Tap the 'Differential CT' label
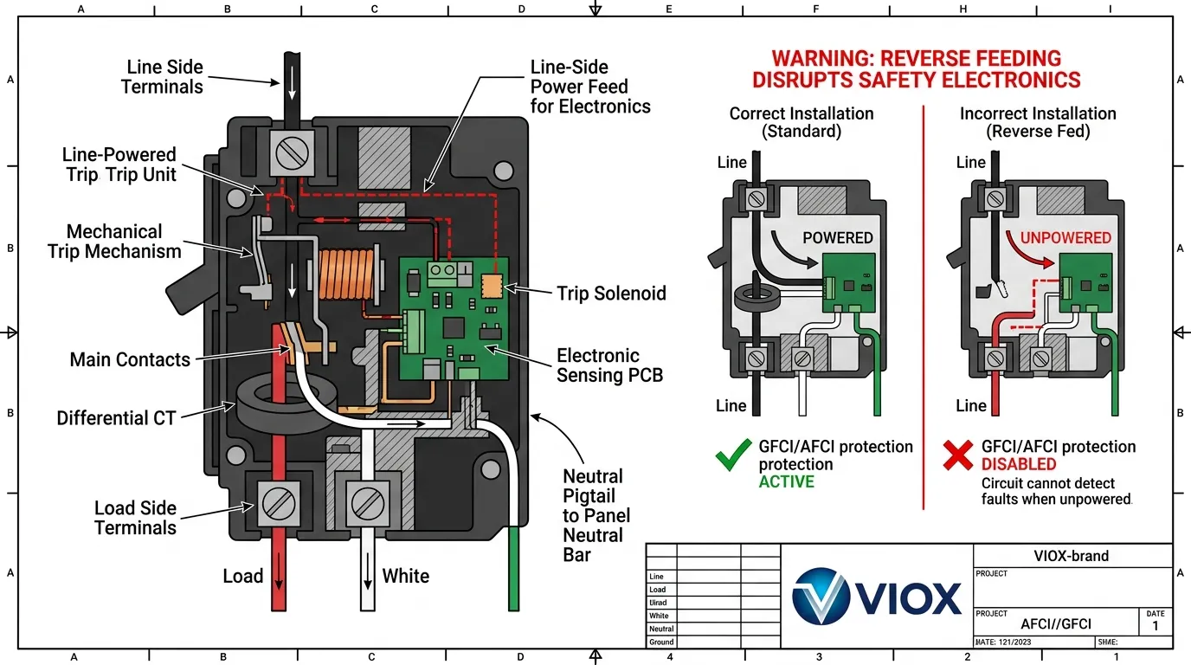[x=116, y=418]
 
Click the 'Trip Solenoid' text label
[x=611, y=294]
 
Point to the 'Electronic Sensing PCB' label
[x=598, y=365]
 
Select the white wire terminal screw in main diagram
[x=365, y=501]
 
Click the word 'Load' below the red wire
[x=242, y=577]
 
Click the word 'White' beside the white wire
[x=405, y=577]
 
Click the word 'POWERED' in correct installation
[x=837, y=238]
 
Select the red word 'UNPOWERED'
[x=1065, y=237]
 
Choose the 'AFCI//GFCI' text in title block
[x=1055, y=624]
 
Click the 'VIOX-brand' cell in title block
[x=1071, y=556]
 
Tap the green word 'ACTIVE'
[x=786, y=482]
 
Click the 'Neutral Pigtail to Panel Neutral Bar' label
[x=595, y=515]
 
